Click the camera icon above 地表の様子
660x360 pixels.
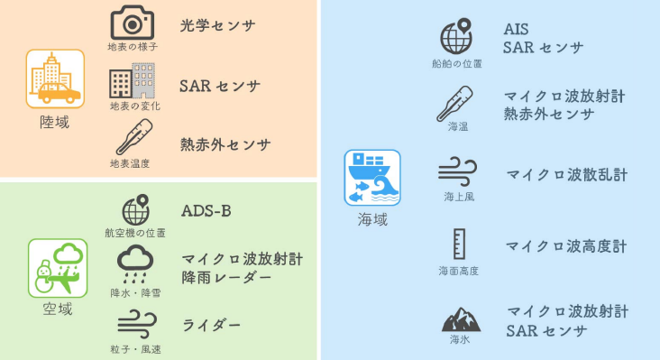click(x=133, y=23)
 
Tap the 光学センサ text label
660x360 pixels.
click(x=217, y=25)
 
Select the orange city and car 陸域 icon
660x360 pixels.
click(x=55, y=78)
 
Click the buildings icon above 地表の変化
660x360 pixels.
click(x=133, y=80)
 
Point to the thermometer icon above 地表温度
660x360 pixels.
click(x=133, y=137)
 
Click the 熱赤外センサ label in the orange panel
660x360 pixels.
click(x=225, y=145)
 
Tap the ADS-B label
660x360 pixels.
click(x=206, y=211)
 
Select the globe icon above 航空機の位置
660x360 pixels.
click(x=136, y=209)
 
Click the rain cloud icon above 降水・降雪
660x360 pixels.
click(x=135, y=264)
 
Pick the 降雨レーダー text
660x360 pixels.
click(x=226, y=278)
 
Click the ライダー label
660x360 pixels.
click(x=211, y=326)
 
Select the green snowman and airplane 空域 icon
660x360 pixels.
click(x=58, y=268)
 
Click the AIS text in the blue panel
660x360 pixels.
click(x=516, y=30)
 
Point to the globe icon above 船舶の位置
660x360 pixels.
click(x=456, y=36)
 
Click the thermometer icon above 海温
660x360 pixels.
click(x=454, y=104)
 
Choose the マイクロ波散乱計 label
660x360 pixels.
click(x=566, y=175)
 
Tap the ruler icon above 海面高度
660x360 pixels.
click(x=459, y=245)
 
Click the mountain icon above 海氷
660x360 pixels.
click(x=461, y=319)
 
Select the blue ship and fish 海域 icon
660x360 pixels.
click(x=372, y=178)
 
